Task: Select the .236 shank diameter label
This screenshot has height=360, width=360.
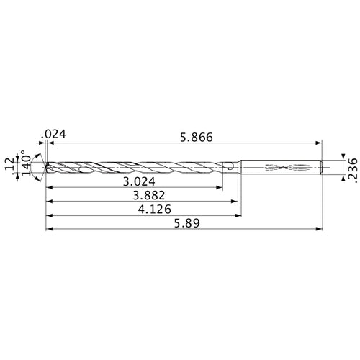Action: pyautogui.click(x=352, y=166)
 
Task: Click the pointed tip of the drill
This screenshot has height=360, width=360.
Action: pyautogui.click(x=47, y=167)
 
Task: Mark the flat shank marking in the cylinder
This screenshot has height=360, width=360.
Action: pyautogui.click(x=284, y=167)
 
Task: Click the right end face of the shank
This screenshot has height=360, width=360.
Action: pyautogui.click(x=320, y=167)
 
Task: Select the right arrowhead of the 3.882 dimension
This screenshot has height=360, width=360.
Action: pyautogui.click(x=235, y=202)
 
